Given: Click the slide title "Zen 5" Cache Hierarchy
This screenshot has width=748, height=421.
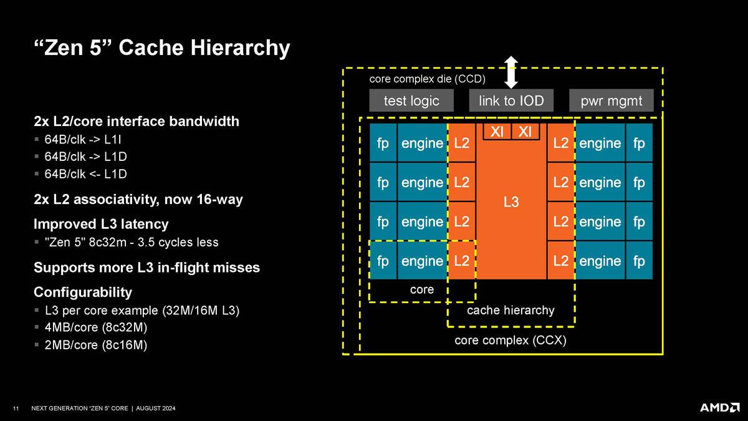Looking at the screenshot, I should (x=161, y=48).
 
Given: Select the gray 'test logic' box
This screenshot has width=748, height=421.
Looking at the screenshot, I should (x=411, y=100).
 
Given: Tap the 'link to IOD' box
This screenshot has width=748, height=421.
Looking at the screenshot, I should (x=511, y=100).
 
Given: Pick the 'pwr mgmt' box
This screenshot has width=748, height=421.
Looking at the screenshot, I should (x=611, y=100).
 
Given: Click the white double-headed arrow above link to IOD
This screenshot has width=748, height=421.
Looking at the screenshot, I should (x=511, y=72).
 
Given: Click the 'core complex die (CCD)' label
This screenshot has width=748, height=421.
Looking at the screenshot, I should (x=427, y=79).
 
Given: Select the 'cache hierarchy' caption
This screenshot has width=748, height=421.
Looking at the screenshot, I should (x=511, y=310).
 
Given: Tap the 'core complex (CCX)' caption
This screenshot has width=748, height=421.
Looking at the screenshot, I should (x=511, y=341).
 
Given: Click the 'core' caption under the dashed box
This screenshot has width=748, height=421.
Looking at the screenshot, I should (x=422, y=290).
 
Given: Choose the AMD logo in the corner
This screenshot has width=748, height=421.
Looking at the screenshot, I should (x=719, y=407).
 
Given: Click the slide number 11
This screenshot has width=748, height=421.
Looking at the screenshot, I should (x=16, y=409).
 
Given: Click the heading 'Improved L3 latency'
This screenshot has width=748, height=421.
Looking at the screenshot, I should (x=101, y=223).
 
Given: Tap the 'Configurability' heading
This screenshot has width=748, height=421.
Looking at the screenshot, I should (x=83, y=292).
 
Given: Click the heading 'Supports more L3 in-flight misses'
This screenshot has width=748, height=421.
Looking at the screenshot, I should (x=146, y=268).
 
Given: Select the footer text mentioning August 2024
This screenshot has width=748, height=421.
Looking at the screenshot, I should (x=103, y=409).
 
